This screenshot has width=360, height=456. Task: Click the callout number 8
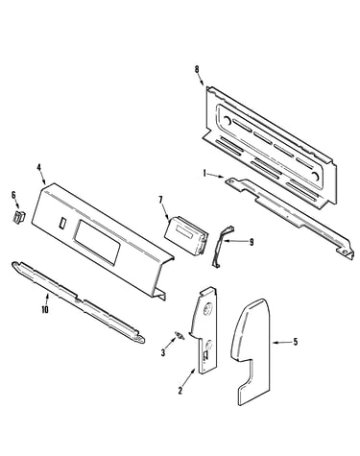click(197, 69)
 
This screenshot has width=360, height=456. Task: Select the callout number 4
click(39, 167)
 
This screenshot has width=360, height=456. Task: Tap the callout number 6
click(13, 195)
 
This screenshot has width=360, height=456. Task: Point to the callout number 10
click(45, 309)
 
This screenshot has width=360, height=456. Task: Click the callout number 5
click(296, 342)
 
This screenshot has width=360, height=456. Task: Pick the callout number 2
click(180, 391)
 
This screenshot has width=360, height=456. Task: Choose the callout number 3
click(163, 353)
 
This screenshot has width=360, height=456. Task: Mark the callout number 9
click(252, 242)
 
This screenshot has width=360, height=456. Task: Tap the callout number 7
click(160, 200)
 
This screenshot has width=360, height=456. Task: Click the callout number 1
click(204, 173)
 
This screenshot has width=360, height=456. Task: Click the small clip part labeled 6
click(19, 216)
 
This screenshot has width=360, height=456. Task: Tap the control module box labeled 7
click(186, 235)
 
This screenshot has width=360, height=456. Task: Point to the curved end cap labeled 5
click(252, 352)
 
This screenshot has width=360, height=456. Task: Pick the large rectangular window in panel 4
click(97, 242)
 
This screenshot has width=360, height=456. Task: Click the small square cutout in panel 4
click(62, 223)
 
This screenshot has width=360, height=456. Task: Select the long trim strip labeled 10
click(79, 301)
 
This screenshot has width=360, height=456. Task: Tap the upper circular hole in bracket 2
click(207, 309)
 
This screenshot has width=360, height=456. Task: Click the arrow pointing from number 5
click(281, 343)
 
